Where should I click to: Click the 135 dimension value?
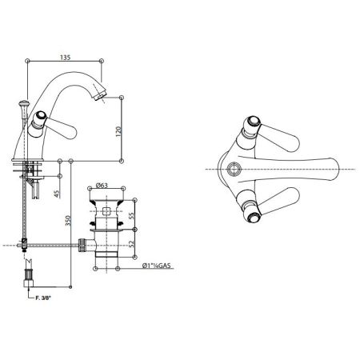click(65, 57)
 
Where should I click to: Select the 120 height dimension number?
click(118, 131)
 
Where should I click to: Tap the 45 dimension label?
click(57, 194)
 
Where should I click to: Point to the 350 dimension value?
click(68, 221)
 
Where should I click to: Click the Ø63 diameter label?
click(102, 185)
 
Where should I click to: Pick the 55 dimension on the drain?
click(132, 215)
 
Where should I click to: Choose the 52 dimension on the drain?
click(132, 244)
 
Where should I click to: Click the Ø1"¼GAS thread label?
click(157, 266)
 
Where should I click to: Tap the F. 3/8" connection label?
click(43, 298)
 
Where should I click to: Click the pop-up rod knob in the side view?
click(23, 104)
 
